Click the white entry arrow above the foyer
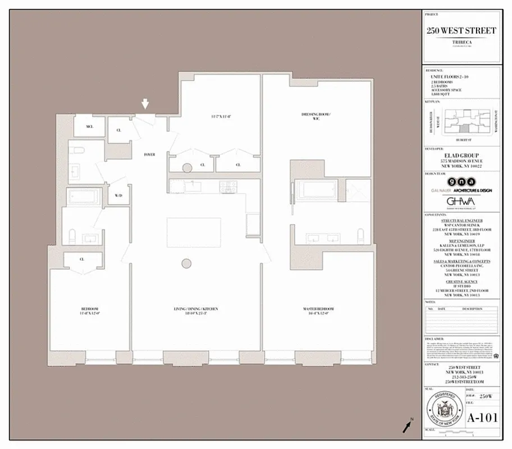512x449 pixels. pos(145,104)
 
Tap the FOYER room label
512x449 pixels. pos(149,154)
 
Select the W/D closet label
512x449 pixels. pos(118,196)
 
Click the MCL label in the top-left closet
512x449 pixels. pos(89,127)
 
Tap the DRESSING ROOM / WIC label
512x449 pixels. pos(316,116)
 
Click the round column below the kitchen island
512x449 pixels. pos(186,263)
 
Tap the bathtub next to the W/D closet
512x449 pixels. pos(84,196)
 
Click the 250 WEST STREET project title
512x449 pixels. pos(461,30)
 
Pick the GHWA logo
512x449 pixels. pos(460,201)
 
